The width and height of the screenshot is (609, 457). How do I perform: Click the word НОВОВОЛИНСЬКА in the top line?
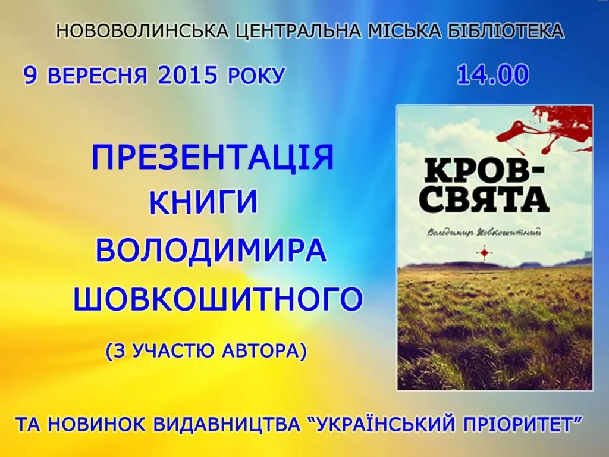[x=143, y=31]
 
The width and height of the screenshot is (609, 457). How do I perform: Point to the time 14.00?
[x=493, y=74]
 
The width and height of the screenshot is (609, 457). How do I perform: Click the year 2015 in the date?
[x=187, y=76]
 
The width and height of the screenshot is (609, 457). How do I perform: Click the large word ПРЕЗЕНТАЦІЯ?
[x=213, y=157]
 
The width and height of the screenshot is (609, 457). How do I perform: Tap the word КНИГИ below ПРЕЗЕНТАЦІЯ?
[x=203, y=202]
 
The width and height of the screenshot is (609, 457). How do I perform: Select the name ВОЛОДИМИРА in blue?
[x=211, y=251]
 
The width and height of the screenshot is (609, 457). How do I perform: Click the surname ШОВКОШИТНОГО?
[x=218, y=299]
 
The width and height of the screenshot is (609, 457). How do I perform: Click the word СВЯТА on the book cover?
[x=486, y=200]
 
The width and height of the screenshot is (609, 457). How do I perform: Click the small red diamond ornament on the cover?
[x=484, y=253]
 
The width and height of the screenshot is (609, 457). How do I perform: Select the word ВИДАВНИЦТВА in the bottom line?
[x=227, y=425]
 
